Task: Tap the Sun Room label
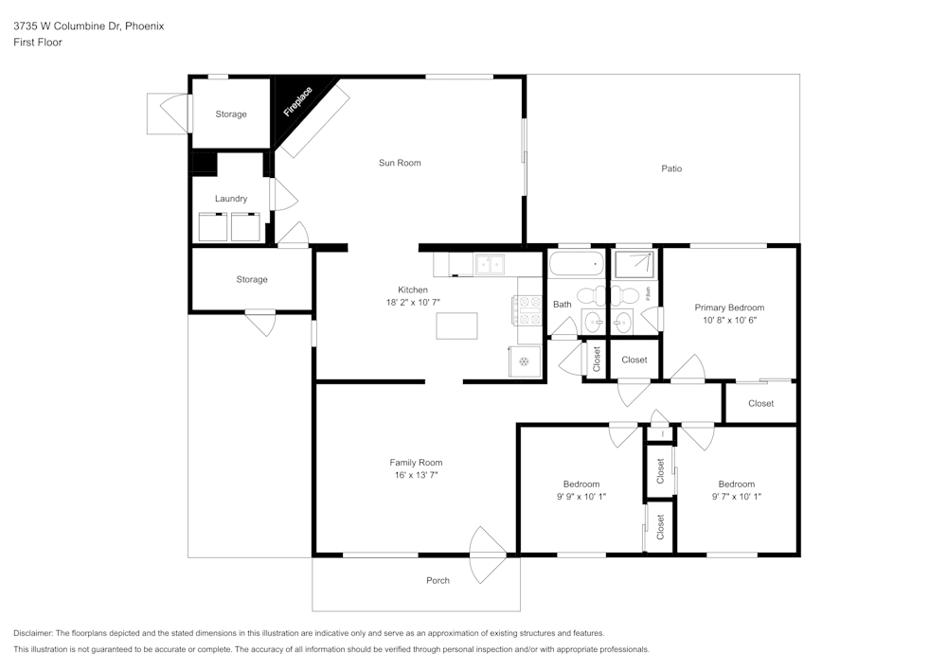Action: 400,163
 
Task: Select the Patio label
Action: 671,168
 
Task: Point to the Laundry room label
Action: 231,199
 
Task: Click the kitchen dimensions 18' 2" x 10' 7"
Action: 413,302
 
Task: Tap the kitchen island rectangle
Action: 456,326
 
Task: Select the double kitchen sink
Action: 490,265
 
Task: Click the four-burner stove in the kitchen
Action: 526,308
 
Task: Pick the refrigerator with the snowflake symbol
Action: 525,361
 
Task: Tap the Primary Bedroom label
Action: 729,308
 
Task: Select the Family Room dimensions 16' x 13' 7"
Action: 416,475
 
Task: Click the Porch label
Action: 438,580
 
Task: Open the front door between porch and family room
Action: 489,555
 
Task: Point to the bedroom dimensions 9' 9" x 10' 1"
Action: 581,496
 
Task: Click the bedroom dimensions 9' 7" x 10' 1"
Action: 736,496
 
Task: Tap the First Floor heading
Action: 38,43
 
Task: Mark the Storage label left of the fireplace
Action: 230,114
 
